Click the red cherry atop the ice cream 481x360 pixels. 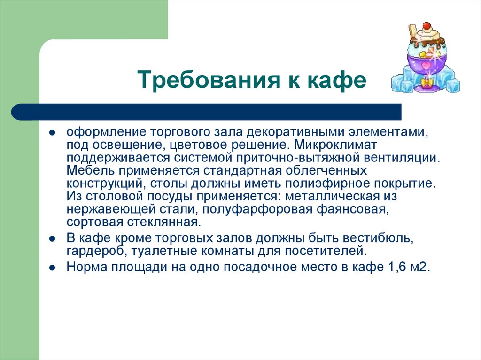point(427,25)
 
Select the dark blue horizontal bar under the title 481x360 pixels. point(207,112)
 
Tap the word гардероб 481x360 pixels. point(94,251)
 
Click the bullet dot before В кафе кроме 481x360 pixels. point(53,238)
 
